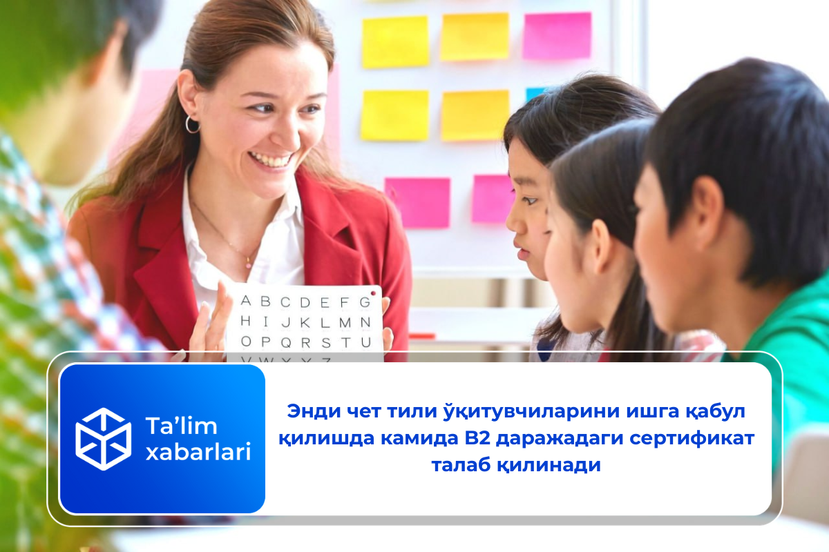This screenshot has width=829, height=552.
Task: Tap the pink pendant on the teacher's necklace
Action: [x=248, y=265]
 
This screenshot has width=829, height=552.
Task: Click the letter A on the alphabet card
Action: [x=246, y=301]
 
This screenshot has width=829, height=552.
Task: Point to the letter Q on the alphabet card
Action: [x=286, y=343]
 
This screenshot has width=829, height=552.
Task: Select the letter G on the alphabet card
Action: [x=365, y=302]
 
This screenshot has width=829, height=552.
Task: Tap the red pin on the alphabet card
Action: [x=373, y=293]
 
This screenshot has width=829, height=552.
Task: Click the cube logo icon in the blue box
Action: [x=103, y=439]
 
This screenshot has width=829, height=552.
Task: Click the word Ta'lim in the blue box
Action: [x=181, y=426]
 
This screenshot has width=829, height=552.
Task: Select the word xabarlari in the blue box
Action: [x=198, y=451]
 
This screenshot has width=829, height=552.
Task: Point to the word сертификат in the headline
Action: [x=692, y=439]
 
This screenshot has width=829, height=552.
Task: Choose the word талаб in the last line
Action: [x=461, y=465]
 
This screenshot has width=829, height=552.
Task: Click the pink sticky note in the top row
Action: [x=557, y=35]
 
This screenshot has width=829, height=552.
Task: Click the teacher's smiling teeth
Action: [x=271, y=160]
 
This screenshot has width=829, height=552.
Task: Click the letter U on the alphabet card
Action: [x=366, y=342]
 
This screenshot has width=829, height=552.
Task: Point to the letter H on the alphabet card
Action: [x=246, y=321]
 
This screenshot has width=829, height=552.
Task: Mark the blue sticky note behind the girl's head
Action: [x=535, y=94]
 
